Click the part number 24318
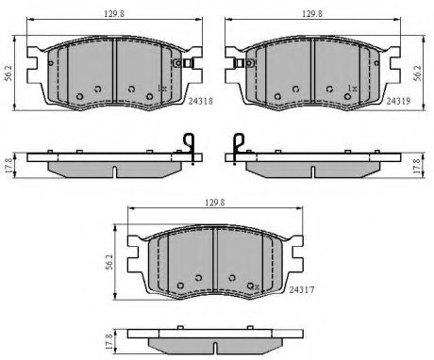tap(201, 101)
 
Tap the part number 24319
tap(398, 101)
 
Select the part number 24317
tap(302, 289)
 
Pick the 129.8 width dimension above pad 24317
tap(215, 203)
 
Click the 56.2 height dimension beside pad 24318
tap(8, 74)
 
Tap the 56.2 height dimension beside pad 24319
tap(418, 74)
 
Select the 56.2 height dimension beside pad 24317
tap(109, 262)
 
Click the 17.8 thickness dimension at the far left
tap(8, 166)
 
